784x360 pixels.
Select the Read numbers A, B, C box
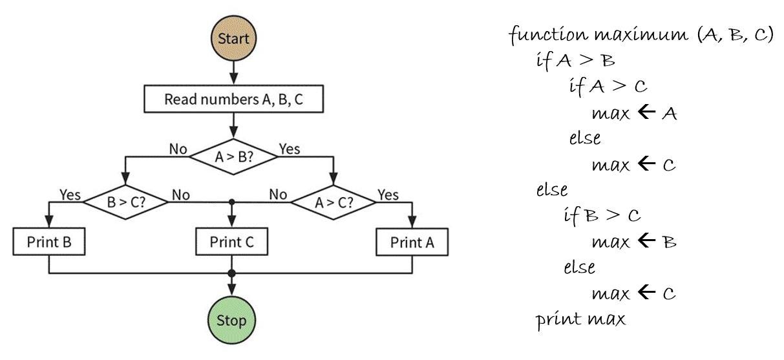point(232,100)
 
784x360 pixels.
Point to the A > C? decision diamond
point(334,201)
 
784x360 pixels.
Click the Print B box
point(49,242)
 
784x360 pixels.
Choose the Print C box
point(232,242)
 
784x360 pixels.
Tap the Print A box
point(412,242)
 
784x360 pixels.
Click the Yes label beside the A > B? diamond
point(289,149)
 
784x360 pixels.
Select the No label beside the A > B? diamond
point(178,149)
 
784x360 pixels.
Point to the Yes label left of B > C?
point(70,194)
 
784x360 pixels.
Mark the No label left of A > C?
point(278,194)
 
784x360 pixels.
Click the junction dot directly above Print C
point(232,201)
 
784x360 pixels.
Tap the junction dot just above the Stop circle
point(232,273)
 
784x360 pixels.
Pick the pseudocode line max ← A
point(633,113)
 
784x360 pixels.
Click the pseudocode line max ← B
point(633,241)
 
